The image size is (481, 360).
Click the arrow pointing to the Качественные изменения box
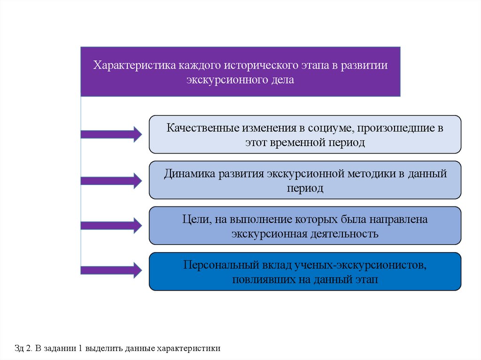(x=111, y=135)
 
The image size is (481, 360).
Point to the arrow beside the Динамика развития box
(x=111, y=180)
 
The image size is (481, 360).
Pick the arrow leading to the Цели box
(x=111, y=225)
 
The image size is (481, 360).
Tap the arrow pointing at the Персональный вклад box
(x=111, y=270)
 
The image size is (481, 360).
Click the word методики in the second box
(x=369, y=174)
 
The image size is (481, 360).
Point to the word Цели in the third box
(x=192, y=219)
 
